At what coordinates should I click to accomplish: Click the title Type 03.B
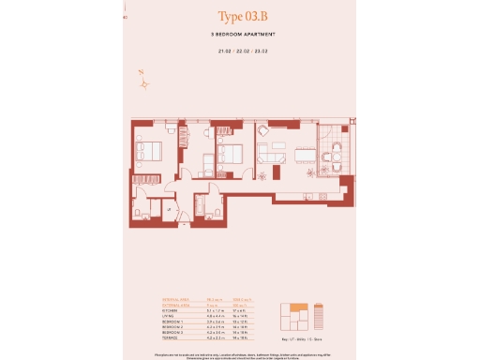(x=239, y=17)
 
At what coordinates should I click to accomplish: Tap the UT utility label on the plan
(x=168, y=211)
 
